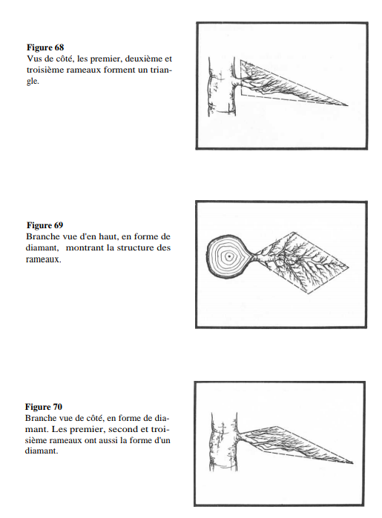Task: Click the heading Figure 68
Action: (45, 47)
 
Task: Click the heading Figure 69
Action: (45, 225)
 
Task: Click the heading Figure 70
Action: (44, 407)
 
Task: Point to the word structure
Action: (134, 248)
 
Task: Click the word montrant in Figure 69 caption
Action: (85, 248)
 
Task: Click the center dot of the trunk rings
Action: (228, 256)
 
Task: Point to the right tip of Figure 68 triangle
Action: (348, 105)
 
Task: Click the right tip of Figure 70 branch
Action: (353, 463)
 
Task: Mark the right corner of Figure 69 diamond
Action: (349, 266)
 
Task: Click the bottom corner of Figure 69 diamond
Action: (309, 293)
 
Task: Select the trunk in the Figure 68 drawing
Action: (221, 87)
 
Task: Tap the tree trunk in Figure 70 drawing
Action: (224, 442)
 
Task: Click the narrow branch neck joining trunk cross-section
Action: (254, 256)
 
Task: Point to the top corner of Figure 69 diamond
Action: (294, 233)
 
